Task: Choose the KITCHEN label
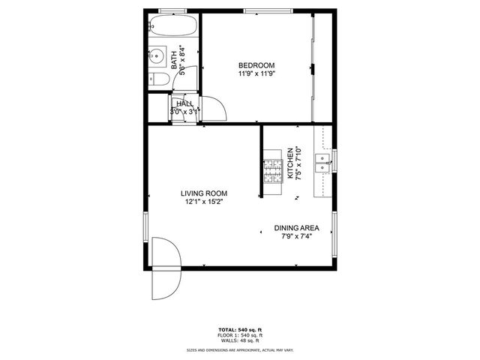(289, 164)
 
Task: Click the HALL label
(184, 103)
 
